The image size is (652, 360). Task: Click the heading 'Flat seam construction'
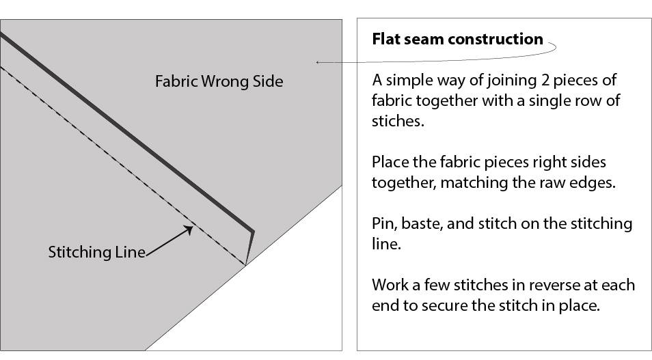pos(457,39)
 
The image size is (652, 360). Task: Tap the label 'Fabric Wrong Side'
pos(219,81)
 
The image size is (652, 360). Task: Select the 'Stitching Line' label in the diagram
pos(96,251)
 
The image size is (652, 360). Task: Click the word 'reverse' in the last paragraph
pos(545,284)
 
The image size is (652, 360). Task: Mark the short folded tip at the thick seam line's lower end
pos(249,246)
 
